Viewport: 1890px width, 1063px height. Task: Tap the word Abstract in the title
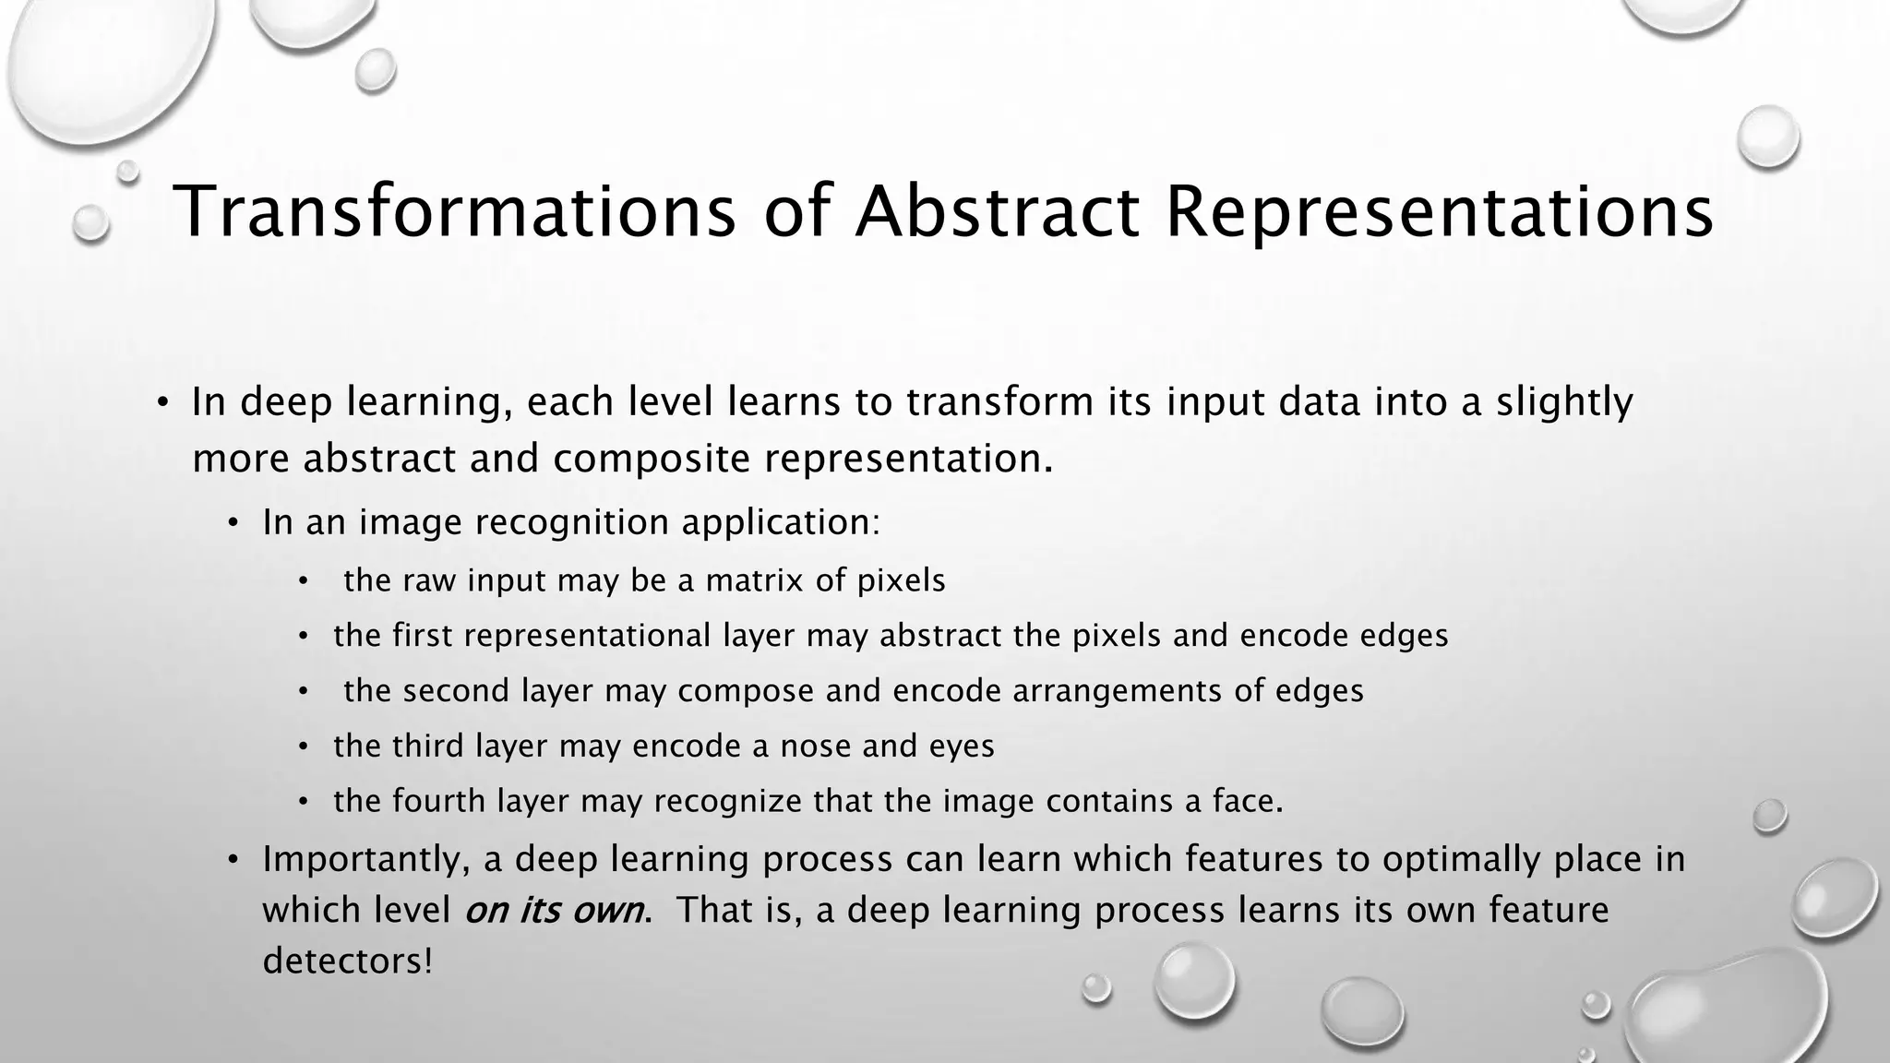pos(997,212)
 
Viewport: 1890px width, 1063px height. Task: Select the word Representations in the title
pos(1439,212)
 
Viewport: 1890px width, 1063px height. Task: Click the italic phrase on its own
pos(554,911)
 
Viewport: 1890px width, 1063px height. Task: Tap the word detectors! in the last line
pos(347,961)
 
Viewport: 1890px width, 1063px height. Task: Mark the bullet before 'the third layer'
pos(303,746)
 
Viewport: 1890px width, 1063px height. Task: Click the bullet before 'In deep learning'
pos(162,403)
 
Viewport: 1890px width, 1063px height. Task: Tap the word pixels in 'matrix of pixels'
pos(902,581)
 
